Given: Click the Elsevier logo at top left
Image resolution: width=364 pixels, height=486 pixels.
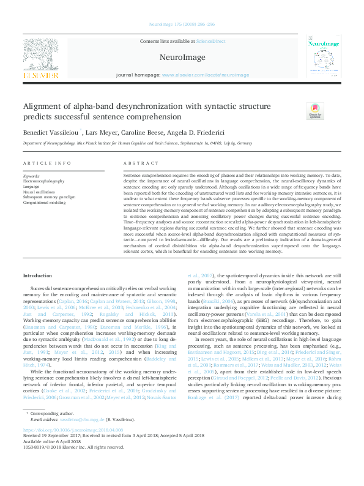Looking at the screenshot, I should point(42,58).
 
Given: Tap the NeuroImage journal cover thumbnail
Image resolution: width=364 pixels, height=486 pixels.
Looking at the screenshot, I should point(323,58).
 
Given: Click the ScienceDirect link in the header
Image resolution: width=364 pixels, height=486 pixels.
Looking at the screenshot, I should point(210,41).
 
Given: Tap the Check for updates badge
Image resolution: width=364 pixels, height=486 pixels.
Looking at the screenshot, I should point(298,111).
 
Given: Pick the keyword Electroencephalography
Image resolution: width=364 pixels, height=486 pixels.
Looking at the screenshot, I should point(43,182).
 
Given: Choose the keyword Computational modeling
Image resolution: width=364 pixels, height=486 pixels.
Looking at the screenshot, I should point(44,201).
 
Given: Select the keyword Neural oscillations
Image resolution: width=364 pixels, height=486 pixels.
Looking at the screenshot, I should point(39,192).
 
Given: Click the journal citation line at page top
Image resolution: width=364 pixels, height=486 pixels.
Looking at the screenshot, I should point(181,25).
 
